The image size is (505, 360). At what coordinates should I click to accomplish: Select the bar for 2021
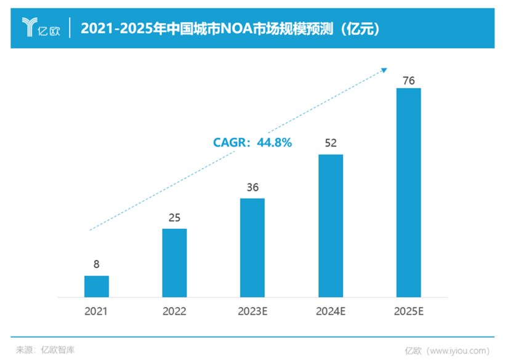tap(97, 287)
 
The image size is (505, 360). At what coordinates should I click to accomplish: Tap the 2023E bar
tap(252, 248)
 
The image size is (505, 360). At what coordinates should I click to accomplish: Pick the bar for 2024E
tap(330, 226)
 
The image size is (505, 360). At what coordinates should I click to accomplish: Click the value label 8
tap(97, 265)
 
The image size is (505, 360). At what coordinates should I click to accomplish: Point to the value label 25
tap(174, 218)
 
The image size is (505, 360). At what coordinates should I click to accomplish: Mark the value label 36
tap(252, 187)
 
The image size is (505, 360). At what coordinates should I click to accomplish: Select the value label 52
tap(330, 143)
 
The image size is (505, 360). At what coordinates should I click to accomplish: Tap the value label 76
tap(408, 80)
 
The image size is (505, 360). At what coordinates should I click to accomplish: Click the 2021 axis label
tap(97, 311)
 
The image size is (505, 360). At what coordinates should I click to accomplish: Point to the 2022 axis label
tap(174, 311)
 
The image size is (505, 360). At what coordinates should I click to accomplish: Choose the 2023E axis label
tap(252, 311)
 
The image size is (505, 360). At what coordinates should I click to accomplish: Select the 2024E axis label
tap(330, 311)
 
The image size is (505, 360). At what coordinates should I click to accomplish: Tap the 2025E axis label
tap(408, 311)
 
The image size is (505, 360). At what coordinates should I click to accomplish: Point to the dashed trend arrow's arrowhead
tap(385, 70)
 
